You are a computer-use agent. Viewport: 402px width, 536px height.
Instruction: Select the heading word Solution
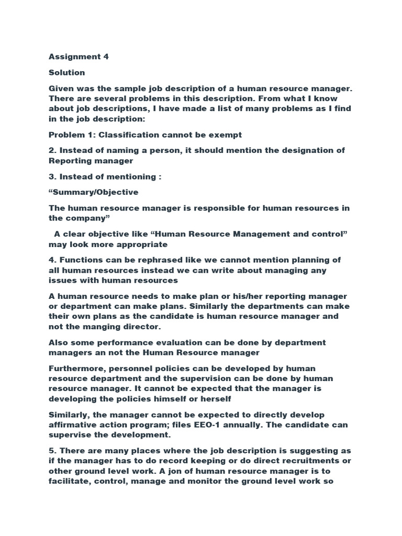click(67, 72)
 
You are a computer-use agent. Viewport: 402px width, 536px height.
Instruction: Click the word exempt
click(224, 135)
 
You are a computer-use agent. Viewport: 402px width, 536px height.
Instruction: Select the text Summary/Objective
click(94, 192)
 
